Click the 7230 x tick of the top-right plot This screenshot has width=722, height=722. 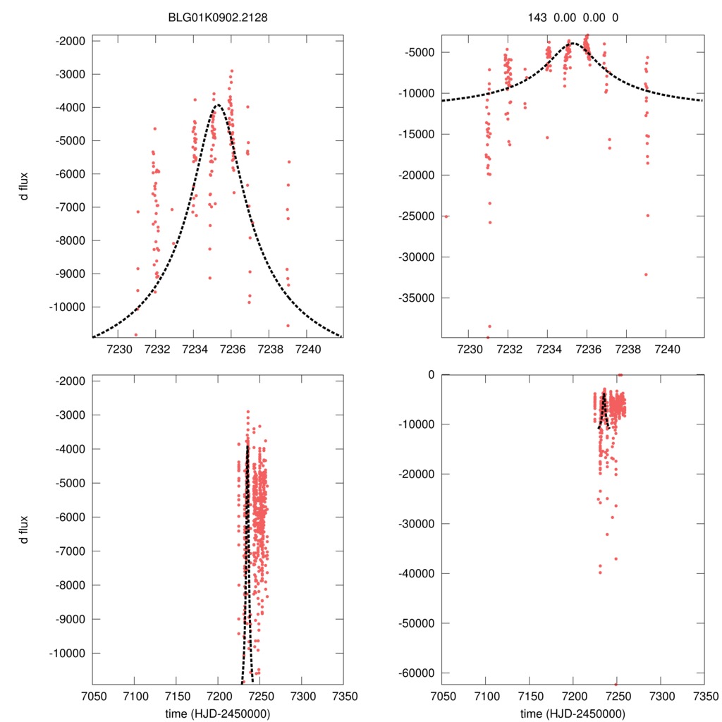point(469,349)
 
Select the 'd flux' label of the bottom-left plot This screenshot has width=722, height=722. point(24,530)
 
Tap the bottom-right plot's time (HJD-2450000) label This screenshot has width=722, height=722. point(573,713)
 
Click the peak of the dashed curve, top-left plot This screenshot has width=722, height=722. point(217,105)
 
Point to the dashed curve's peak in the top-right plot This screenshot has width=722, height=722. point(573,43)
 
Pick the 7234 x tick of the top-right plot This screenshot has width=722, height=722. point(548,349)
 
